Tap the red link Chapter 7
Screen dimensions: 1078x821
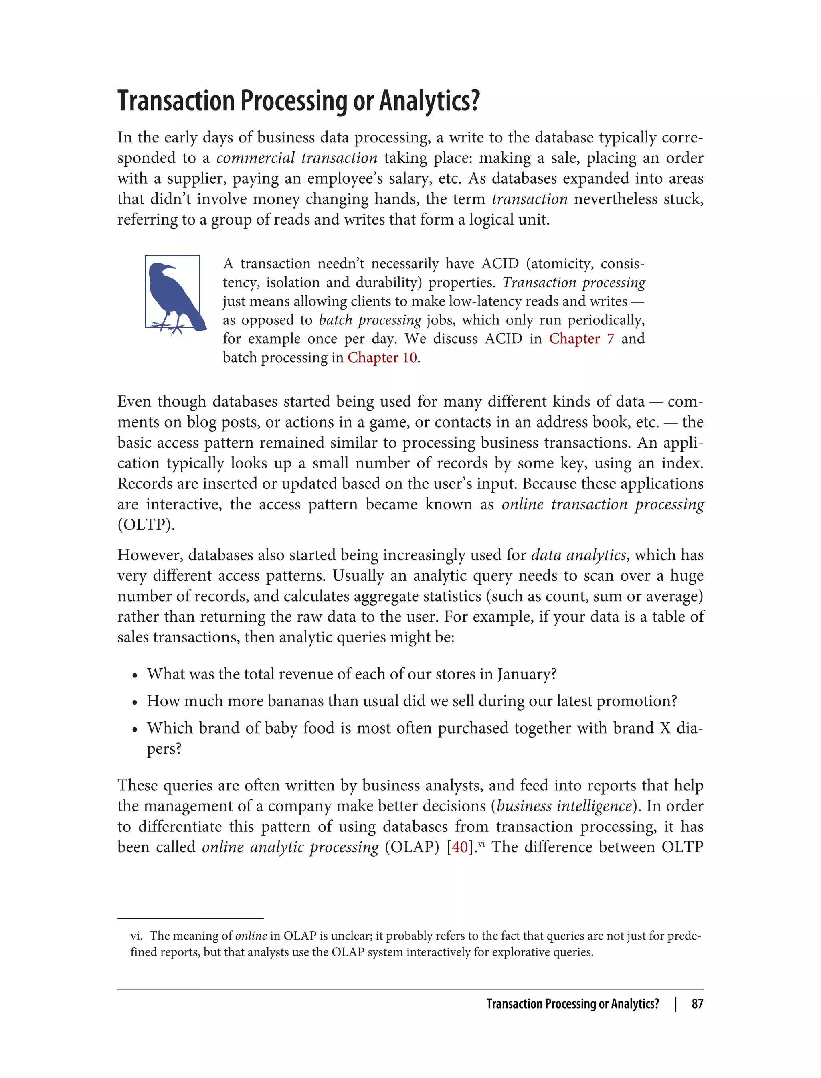pyautogui.click(x=581, y=339)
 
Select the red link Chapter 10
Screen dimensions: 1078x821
pyautogui.click(x=382, y=358)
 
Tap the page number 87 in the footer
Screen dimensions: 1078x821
pyautogui.click(x=697, y=1004)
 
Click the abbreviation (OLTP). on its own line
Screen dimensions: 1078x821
pyautogui.click(x=146, y=525)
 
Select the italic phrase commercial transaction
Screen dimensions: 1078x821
pyautogui.click(x=297, y=158)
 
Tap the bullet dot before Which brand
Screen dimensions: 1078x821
pyautogui.click(x=135, y=729)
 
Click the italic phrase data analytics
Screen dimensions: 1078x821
pyautogui.click(x=578, y=555)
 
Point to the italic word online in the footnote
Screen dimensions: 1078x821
pyautogui.click(x=251, y=936)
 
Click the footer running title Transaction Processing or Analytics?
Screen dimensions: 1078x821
pyautogui.click(x=572, y=1004)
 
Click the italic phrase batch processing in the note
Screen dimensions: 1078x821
pyautogui.click(x=370, y=320)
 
